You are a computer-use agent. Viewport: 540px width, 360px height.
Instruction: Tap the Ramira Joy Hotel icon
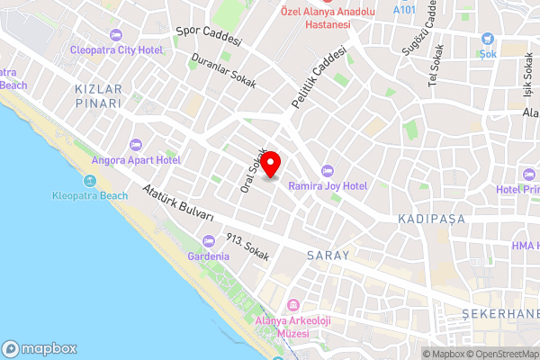tap(327, 171)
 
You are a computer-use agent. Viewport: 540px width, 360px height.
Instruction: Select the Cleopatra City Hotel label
tap(116, 49)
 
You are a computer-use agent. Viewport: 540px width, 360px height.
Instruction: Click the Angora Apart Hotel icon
tap(137, 145)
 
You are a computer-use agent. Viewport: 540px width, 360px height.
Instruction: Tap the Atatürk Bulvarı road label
tap(178, 203)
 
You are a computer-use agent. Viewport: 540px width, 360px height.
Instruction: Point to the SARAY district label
tap(328, 256)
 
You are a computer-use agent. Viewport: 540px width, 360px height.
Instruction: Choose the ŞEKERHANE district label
tap(500, 312)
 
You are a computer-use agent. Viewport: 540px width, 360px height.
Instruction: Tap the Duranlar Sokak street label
tap(223, 71)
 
